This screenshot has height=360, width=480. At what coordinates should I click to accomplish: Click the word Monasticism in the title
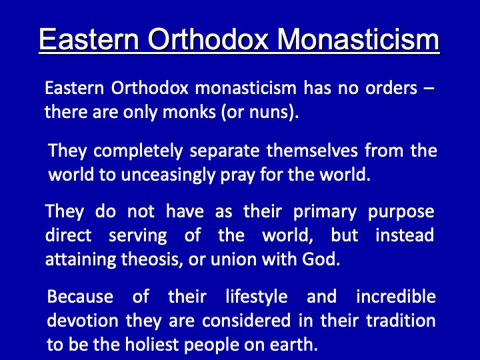coord(359,39)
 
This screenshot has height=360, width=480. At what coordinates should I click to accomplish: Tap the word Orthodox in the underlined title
coord(208,39)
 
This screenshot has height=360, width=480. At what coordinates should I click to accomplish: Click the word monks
coord(189,112)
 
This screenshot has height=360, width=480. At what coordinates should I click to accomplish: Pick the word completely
coord(138,151)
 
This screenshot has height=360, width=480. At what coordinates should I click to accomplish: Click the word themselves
coord(312,151)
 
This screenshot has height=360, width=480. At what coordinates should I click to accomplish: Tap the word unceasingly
coord(168,175)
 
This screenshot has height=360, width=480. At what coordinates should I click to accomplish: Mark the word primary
coord(325,213)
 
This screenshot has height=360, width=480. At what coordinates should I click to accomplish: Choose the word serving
coord(138,236)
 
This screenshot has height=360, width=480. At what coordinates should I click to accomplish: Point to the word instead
coord(405,235)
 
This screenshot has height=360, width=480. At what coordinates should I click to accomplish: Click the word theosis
coord(152,259)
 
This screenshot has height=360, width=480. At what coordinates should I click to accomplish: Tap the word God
coord(321,259)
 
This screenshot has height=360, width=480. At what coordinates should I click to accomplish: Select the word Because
coord(80,296)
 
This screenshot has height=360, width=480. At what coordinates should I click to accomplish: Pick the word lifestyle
coord(257,297)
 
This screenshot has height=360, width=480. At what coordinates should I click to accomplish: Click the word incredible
coord(396,296)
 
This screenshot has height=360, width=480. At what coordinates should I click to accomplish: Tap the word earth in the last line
coord(293,345)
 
